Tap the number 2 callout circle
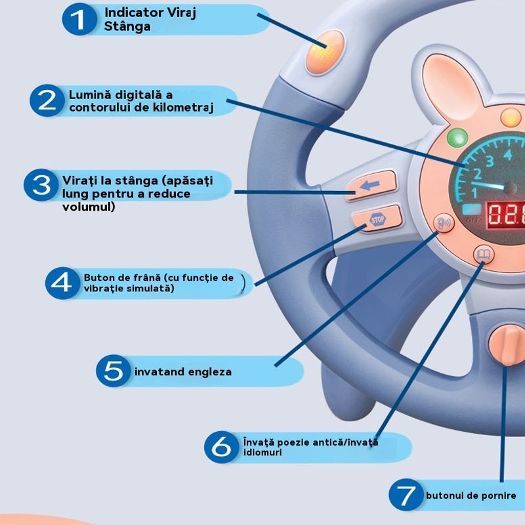point(47,100)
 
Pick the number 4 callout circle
point(62,282)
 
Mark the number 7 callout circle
point(406,495)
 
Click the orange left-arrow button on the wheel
point(371,185)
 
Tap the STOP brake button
point(376,219)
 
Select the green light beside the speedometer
point(457,138)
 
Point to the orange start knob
point(506,345)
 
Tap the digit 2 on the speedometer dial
point(477,175)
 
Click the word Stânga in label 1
point(127,27)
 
